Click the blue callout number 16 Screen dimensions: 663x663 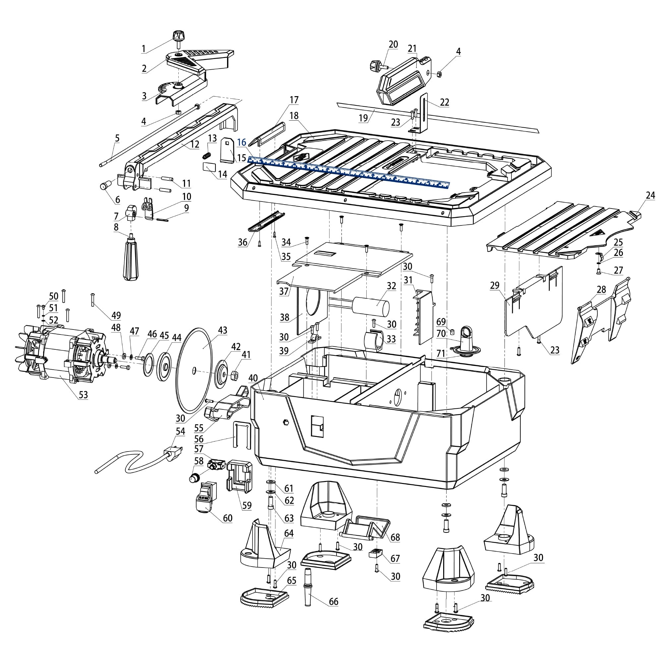coord(242,143)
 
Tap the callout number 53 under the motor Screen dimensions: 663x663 coord(84,395)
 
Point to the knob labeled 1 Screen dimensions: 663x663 coord(177,36)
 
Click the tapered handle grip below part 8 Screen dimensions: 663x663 coord(131,261)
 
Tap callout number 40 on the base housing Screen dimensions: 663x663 coord(253,378)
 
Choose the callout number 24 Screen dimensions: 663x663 coord(650,195)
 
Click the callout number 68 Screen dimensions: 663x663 coord(395,537)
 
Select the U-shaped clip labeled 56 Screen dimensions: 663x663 coord(242,435)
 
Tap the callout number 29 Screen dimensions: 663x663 coord(495,285)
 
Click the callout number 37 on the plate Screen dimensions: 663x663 coord(284,291)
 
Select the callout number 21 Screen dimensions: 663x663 coord(412,49)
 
